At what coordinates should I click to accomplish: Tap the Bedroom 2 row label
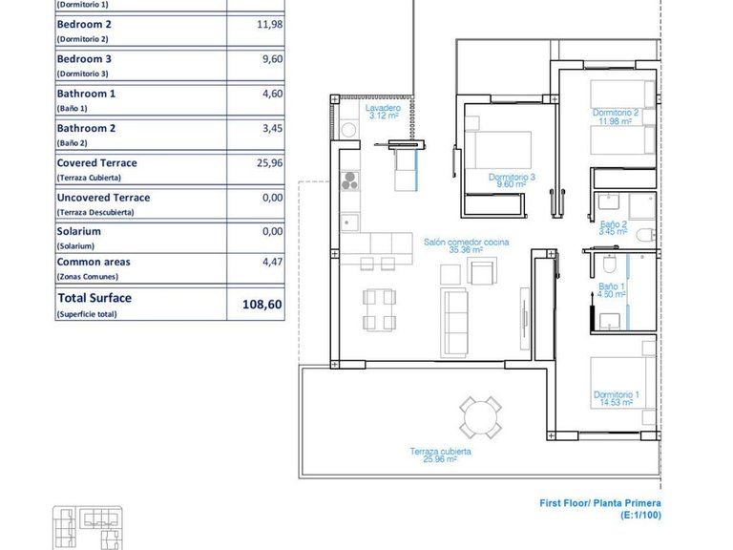(84, 25)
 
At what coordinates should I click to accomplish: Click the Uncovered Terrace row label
(103, 198)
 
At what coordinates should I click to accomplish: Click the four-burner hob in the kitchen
(349, 181)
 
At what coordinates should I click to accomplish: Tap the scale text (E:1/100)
(639, 516)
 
